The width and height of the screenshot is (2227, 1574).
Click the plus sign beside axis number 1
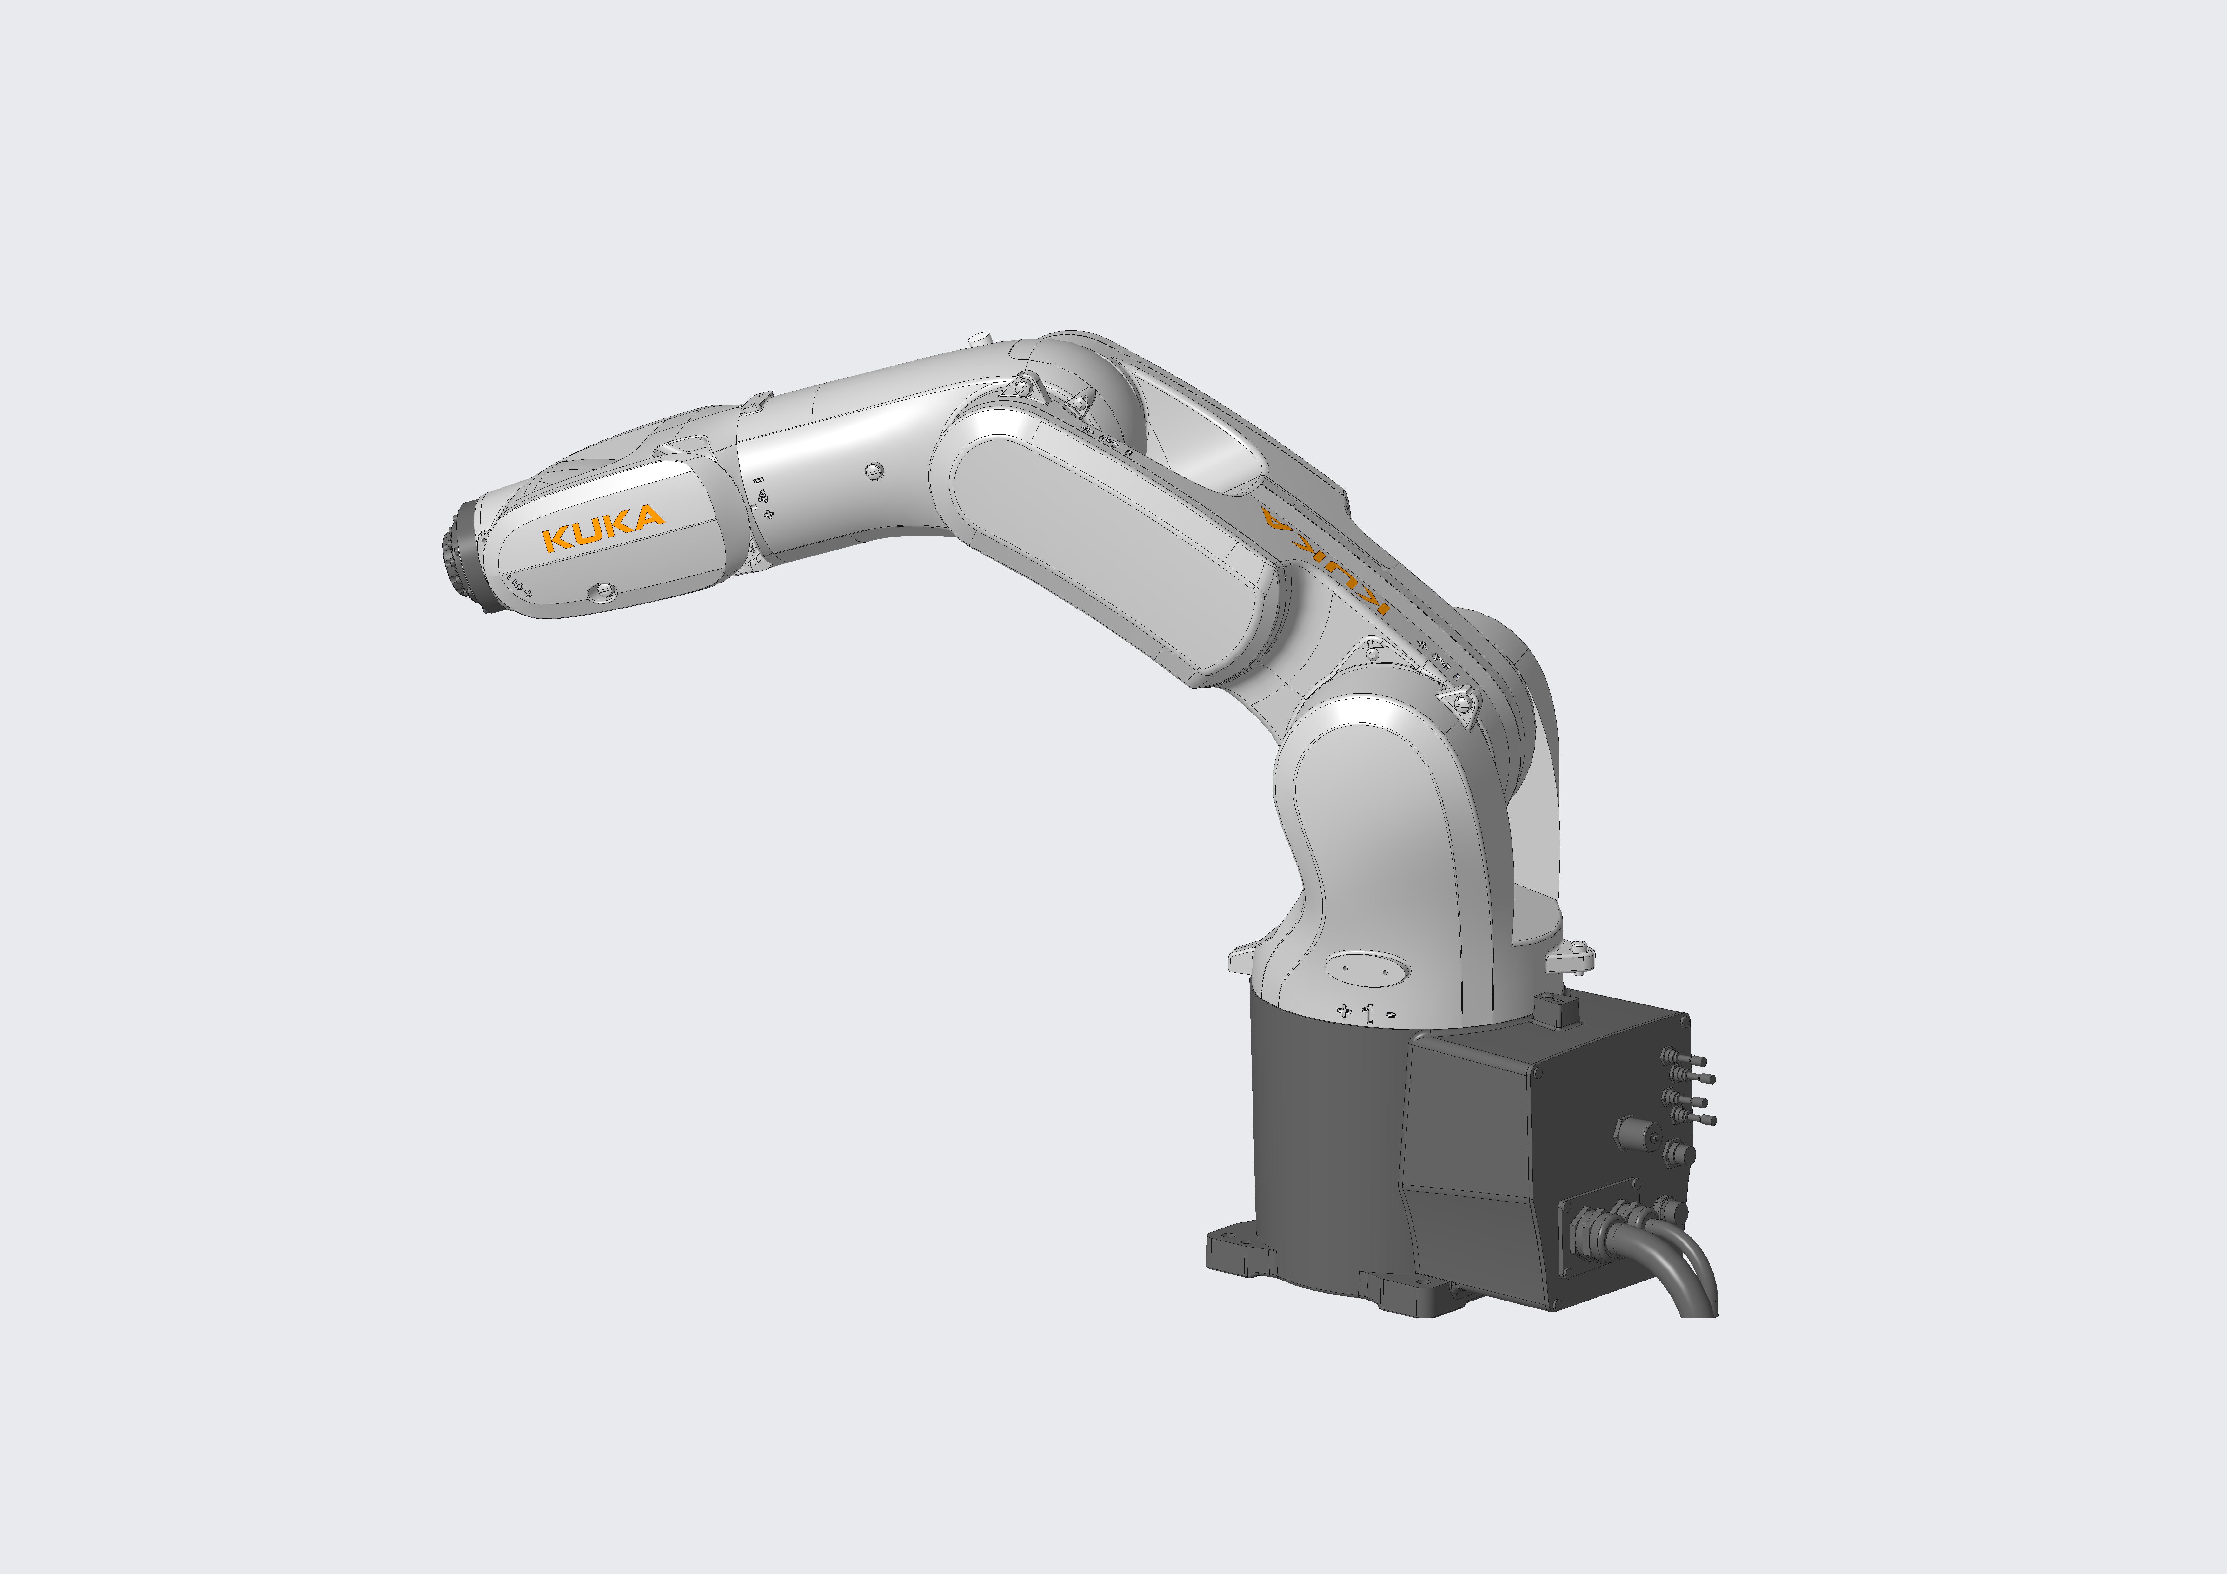(x=1344, y=1011)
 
